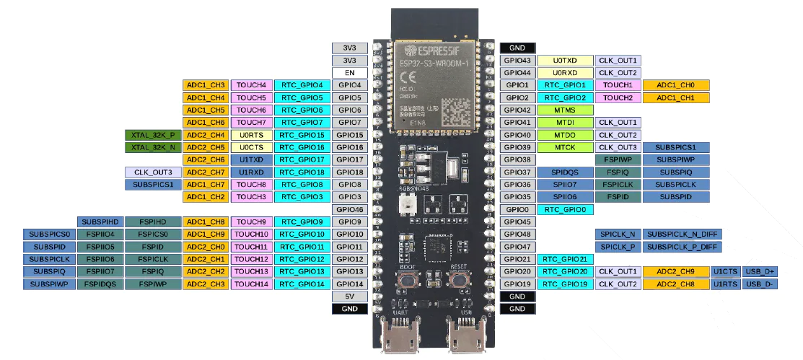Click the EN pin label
click(x=350, y=73)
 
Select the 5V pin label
click(x=350, y=297)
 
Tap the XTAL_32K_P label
click(x=153, y=135)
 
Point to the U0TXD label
click(x=566, y=61)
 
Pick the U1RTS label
click(x=724, y=284)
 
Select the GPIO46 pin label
click(x=350, y=209)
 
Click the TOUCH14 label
click(x=252, y=284)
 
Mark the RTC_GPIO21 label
click(x=566, y=259)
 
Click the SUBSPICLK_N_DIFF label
click(x=683, y=234)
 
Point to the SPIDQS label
click(x=566, y=172)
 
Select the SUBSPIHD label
click(x=100, y=221)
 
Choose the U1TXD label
click(x=252, y=159)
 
